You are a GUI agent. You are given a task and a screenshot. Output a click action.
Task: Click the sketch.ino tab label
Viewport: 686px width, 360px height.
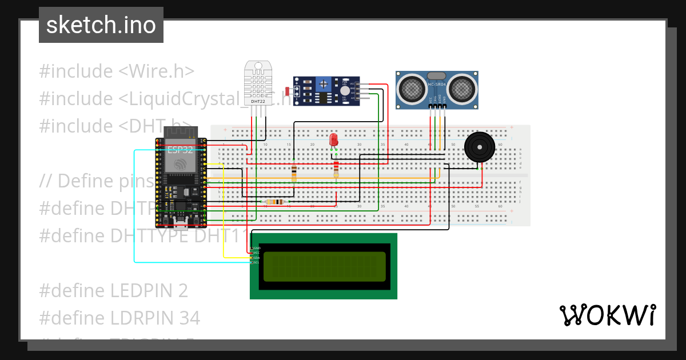click(101, 25)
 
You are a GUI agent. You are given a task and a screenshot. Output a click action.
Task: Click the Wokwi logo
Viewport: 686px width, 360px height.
click(607, 315)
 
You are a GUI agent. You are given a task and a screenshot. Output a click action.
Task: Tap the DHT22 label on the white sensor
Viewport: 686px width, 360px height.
click(258, 101)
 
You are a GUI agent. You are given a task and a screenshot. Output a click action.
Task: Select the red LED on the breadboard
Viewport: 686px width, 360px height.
click(334, 141)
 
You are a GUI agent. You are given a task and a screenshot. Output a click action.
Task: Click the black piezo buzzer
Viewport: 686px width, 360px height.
click(480, 147)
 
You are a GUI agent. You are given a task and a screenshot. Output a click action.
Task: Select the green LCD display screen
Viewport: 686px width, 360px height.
click(324, 266)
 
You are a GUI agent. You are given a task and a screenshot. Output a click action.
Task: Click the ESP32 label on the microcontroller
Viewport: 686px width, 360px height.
click(180, 150)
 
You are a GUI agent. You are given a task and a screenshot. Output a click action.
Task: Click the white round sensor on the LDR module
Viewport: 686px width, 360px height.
click(344, 91)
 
